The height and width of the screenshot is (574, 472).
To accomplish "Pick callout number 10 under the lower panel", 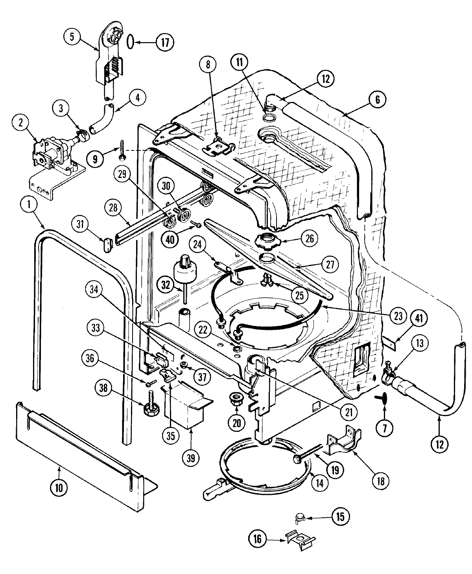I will tap(59, 488).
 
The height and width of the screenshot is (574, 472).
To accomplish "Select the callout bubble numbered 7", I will tap(384, 428).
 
